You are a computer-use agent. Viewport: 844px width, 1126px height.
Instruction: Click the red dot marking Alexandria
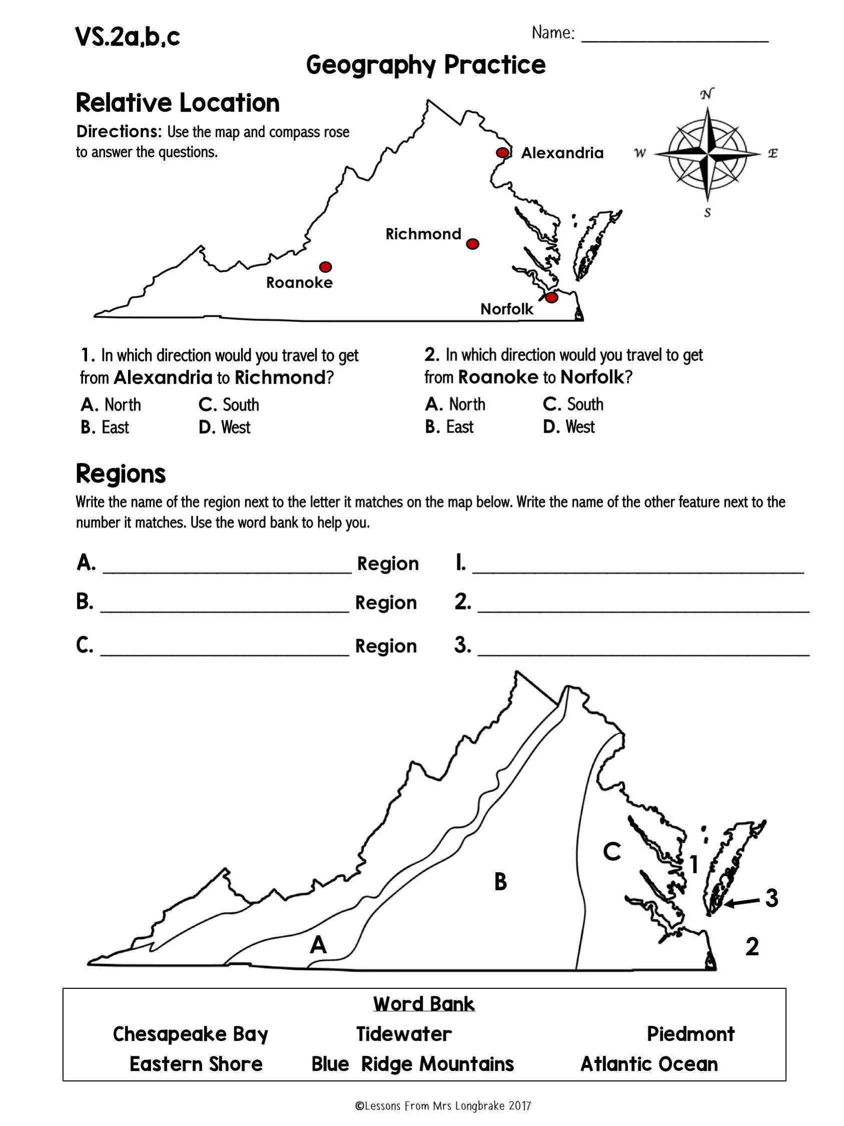502,153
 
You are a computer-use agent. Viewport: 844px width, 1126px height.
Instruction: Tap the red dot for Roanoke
326,267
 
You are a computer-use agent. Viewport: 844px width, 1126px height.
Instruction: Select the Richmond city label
423,234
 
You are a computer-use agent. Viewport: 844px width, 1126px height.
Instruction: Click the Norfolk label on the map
507,309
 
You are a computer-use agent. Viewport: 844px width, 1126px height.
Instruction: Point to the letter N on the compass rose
706,94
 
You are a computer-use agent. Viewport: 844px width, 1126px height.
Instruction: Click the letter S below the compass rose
707,213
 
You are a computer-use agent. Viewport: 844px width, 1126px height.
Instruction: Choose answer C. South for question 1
229,405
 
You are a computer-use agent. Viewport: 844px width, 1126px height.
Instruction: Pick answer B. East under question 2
449,427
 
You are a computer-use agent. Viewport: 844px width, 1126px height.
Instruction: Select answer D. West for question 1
225,427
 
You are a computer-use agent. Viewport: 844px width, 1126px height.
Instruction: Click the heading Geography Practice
426,65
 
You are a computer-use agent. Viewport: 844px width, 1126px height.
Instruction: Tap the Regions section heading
121,474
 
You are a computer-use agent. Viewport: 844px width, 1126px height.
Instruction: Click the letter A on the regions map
318,945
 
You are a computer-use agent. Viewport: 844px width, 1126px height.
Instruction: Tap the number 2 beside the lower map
752,947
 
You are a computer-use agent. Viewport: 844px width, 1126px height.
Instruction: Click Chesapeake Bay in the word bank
190,1034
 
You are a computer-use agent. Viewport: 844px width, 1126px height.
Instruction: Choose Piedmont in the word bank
690,1034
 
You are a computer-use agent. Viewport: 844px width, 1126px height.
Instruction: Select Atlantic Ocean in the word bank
649,1064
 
